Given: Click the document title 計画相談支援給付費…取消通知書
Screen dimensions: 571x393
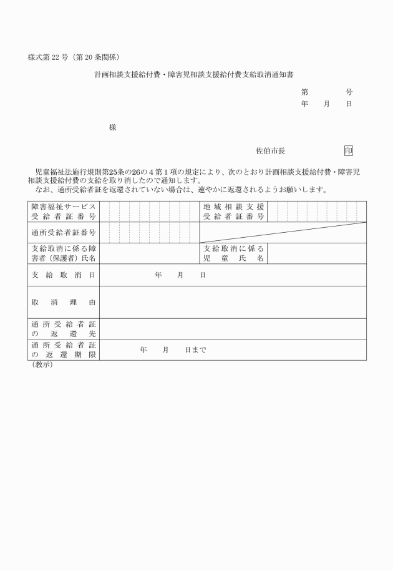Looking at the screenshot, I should click(x=195, y=74).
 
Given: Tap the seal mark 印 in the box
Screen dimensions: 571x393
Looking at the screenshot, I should click(x=347, y=150).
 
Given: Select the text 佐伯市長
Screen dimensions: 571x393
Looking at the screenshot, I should click(x=271, y=150).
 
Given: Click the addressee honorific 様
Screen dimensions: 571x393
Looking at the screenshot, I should click(x=113, y=127).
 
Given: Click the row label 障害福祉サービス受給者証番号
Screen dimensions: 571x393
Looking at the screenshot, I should click(x=64, y=212).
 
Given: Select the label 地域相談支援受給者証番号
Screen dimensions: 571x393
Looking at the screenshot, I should click(x=233, y=212).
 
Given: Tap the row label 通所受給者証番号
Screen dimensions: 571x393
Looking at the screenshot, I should click(x=64, y=233).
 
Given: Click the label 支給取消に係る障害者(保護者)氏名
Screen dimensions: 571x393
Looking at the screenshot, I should click(x=64, y=253).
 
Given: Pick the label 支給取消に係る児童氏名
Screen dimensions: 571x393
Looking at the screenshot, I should click(x=233, y=253).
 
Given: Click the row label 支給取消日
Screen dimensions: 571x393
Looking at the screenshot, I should click(x=64, y=275).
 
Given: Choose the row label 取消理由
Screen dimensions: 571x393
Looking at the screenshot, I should click(x=64, y=302).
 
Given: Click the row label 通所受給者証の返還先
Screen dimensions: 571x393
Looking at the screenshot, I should click(x=64, y=329).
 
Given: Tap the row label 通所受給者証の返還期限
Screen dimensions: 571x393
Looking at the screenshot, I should click(x=64, y=350).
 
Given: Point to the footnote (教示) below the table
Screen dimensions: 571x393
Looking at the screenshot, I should click(x=42, y=365).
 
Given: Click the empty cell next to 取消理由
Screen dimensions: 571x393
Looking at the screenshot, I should click(x=233, y=302).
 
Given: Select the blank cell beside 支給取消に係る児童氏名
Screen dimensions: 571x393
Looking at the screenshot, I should click(x=316, y=253).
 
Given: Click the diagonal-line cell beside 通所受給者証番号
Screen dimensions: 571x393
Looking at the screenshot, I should click(x=283, y=233).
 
